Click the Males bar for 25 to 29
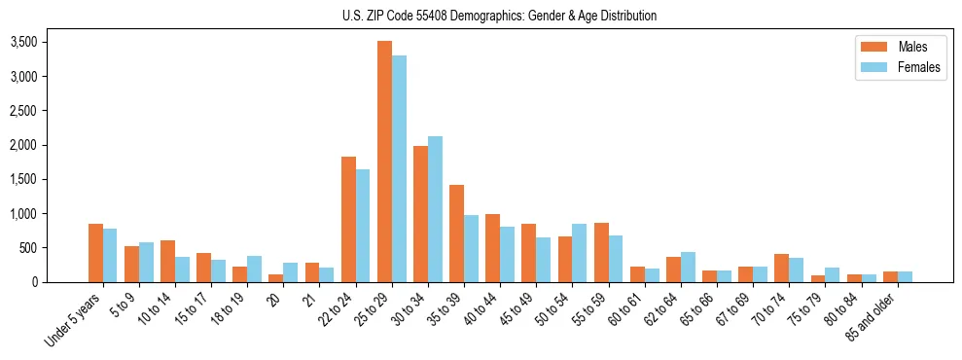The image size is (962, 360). click(x=384, y=162)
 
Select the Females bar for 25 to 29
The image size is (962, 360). click(x=399, y=169)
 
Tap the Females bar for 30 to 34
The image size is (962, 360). click(x=435, y=209)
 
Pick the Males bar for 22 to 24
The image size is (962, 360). click(x=348, y=219)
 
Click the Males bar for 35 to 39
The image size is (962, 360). click(x=456, y=234)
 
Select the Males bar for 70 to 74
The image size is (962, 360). click(x=781, y=268)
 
